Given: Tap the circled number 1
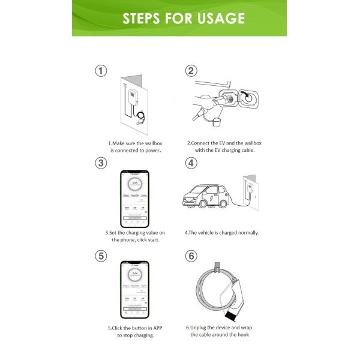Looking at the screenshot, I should coord(102,71).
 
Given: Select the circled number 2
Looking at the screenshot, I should coord(191,71).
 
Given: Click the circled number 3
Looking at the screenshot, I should coord(102,163).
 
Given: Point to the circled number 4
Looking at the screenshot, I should coord(191,163).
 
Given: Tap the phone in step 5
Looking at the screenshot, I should coord(135,289).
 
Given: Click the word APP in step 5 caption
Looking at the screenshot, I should coord(156,327).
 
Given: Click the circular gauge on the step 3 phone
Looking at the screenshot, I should coord(135,182).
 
